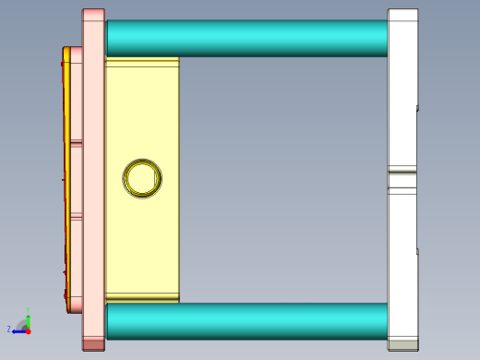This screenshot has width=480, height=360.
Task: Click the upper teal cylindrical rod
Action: coord(247,38)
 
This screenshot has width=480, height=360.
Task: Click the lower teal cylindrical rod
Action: coord(247,320)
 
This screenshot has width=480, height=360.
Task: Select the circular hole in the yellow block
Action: coord(143,177)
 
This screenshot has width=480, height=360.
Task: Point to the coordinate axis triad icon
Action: coord(22,324)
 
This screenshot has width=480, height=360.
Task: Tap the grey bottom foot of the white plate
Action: coord(402,344)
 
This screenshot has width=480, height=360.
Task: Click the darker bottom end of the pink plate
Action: coord(93,344)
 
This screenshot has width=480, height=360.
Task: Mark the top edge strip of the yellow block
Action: coord(142,62)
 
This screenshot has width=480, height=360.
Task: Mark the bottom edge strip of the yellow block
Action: coord(142,297)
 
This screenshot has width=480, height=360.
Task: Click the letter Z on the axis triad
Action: coord(9,329)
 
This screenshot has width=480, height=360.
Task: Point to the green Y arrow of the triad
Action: coord(28,314)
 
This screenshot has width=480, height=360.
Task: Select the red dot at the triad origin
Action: coord(28,330)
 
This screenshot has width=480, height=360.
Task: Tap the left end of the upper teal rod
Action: coord(110,38)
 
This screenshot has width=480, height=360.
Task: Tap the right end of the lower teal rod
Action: coord(384,320)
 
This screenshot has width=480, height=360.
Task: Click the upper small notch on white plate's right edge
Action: coord(417,108)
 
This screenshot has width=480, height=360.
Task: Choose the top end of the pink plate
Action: coord(93,13)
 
